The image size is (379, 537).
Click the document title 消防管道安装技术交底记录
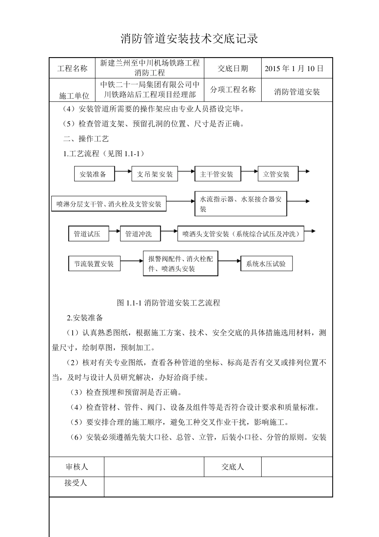click(x=189, y=39)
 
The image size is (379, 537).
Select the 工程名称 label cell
click(x=72, y=68)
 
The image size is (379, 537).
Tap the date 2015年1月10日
click(x=294, y=68)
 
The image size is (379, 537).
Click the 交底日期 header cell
click(x=233, y=68)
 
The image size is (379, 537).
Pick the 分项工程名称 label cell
click(x=233, y=90)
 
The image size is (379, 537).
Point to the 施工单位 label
click(x=74, y=96)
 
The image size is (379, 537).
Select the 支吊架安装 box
click(x=155, y=174)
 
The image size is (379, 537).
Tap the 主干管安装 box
click(x=217, y=174)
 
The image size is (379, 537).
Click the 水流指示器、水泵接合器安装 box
click(x=241, y=204)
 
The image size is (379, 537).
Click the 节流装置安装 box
click(x=94, y=264)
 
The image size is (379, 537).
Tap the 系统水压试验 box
click(x=266, y=264)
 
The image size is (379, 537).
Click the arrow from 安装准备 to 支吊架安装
click(x=123, y=171)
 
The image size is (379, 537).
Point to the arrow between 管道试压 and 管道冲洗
click(x=115, y=231)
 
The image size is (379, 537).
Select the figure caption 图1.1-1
click(x=168, y=303)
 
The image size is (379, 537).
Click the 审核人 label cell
click(x=77, y=467)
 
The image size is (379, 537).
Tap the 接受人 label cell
click(x=76, y=483)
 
